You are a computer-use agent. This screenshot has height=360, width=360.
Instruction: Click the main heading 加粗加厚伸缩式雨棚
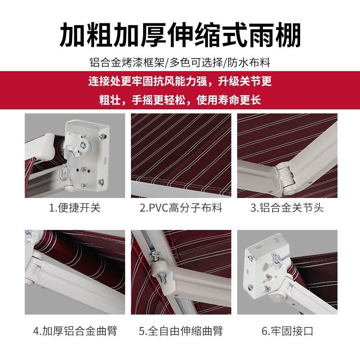click(180, 35)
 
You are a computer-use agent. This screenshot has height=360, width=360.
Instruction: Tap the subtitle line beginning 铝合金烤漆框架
click(180, 63)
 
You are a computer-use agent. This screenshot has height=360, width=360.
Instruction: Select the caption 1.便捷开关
click(75, 208)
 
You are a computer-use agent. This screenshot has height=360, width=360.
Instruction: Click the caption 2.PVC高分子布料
click(181, 208)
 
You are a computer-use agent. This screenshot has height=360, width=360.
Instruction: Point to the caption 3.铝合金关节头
click(287, 208)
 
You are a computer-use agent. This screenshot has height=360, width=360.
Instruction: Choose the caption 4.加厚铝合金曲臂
click(75, 331)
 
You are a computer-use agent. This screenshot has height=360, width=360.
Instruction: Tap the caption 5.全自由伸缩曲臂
click(181, 331)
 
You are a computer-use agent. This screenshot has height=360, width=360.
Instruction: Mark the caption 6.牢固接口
click(287, 331)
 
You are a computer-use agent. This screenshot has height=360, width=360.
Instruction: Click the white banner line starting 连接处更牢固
click(180, 81)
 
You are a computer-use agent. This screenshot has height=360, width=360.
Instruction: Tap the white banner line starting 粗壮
click(180, 100)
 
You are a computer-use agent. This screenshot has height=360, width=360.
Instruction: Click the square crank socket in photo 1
click(82, 145)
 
